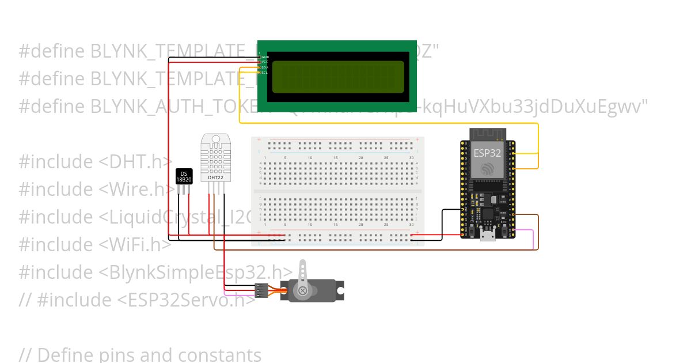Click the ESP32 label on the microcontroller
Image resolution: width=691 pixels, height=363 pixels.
[487, 153]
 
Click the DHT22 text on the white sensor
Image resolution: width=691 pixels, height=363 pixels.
[216, 178]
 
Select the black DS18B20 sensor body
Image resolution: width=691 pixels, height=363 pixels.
[184, 176]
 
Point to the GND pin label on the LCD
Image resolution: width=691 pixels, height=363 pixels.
[265, 57]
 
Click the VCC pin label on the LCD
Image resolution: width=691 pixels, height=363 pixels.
[265, 62]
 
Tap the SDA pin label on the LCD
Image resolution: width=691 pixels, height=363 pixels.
[265, 67]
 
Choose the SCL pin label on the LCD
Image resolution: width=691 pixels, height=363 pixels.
[265, 73]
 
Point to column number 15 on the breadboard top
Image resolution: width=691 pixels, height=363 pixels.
[335, 158]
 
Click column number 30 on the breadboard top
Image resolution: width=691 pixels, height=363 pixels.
[411, 158]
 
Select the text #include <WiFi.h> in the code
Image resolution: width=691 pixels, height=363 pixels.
[95, 244]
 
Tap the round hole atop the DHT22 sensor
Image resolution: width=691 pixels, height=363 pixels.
[215, 139]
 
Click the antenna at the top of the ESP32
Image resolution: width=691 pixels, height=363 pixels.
[487, 134]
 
